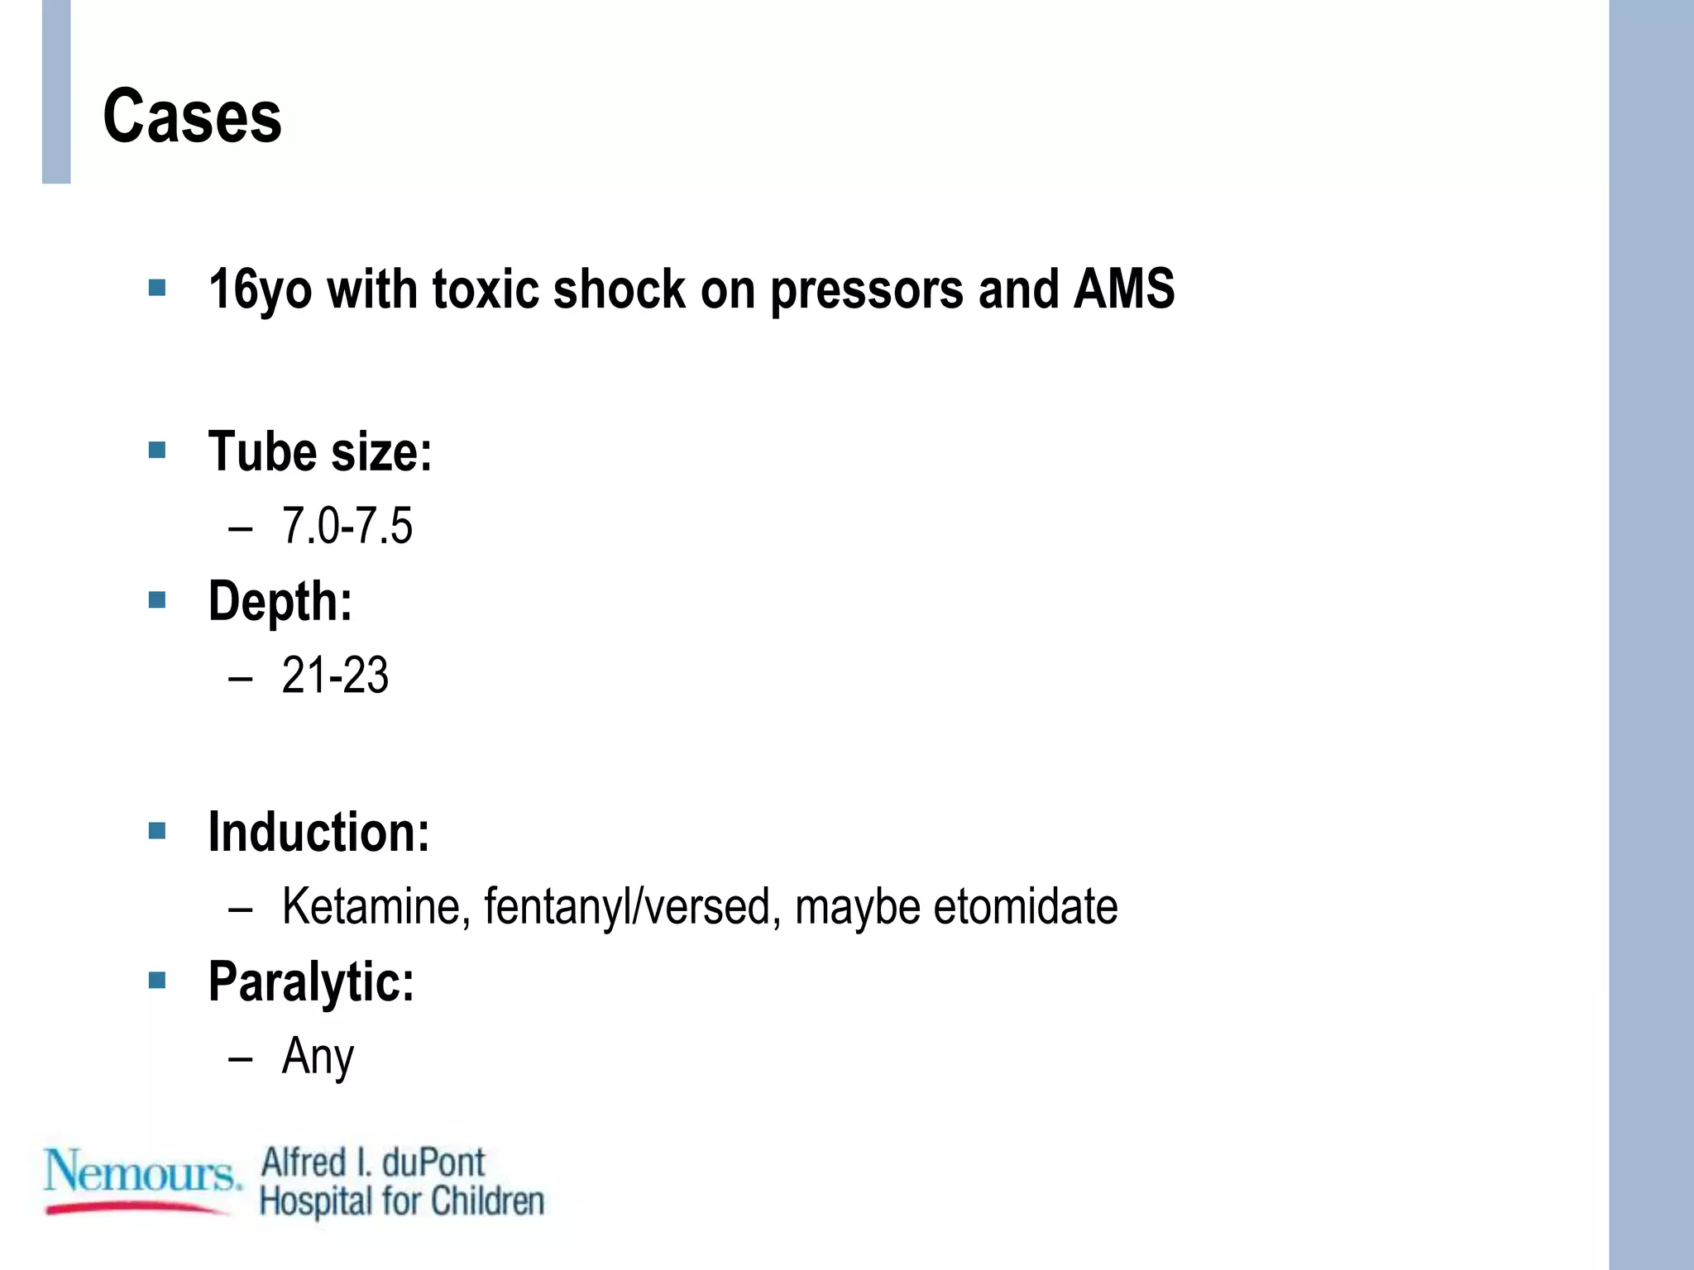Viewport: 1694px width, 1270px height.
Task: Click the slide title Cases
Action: (x=192, y=117)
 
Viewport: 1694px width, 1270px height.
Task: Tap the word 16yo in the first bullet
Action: (x=260, y=289)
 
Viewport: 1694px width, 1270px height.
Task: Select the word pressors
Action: (x=866, y=289)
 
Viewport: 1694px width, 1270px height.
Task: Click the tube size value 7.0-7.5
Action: (x=347, y=526)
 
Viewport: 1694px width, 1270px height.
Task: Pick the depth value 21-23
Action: (x=335, y=676)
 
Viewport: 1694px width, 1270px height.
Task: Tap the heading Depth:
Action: (x=280, y=601)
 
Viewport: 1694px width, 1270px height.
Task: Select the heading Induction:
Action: (x=318, y=832)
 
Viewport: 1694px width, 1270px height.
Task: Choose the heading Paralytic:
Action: (x=311, y=981)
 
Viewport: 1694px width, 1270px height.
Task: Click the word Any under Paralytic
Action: (x=318, y=1057)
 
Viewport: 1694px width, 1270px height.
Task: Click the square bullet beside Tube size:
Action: (x=157, y=451)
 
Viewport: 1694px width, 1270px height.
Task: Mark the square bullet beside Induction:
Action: (x=157, y=830)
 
